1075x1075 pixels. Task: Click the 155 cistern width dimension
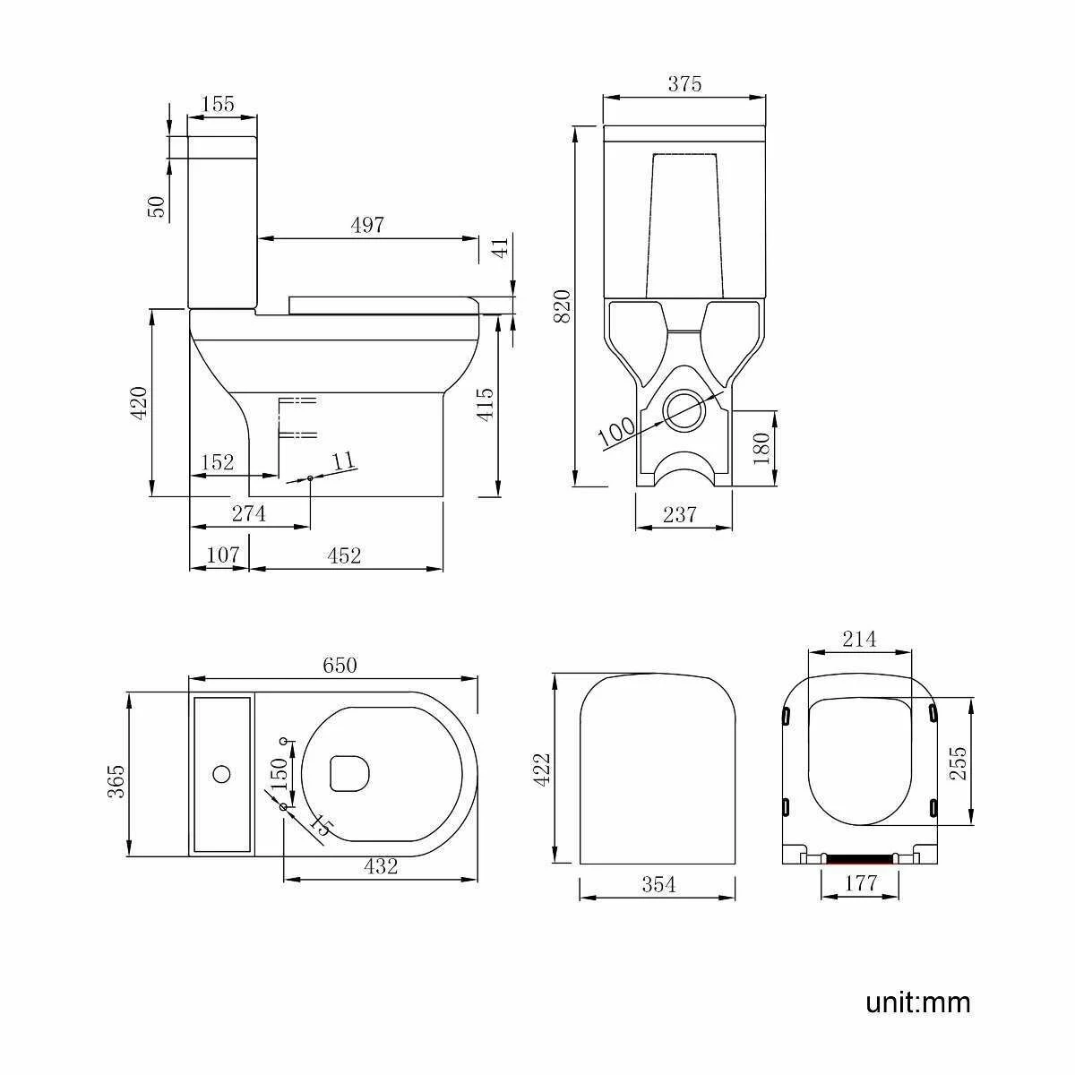coord(218,104)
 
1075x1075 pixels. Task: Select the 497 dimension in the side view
coord(367,225)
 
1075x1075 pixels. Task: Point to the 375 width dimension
coord(684,84)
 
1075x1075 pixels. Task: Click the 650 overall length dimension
coord(340,665)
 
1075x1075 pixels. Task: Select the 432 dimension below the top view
coord(381,866)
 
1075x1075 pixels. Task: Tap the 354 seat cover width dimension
coord(658,885)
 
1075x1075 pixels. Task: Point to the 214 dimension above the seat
coord(860,640)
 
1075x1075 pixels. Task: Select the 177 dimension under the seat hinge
coord(860,883)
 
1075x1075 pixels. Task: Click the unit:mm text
coord(917,1002)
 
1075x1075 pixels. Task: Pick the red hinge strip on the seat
coord(860,857)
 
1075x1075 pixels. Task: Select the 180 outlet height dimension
coord(762,448)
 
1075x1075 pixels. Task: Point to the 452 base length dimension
coord(344,555)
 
